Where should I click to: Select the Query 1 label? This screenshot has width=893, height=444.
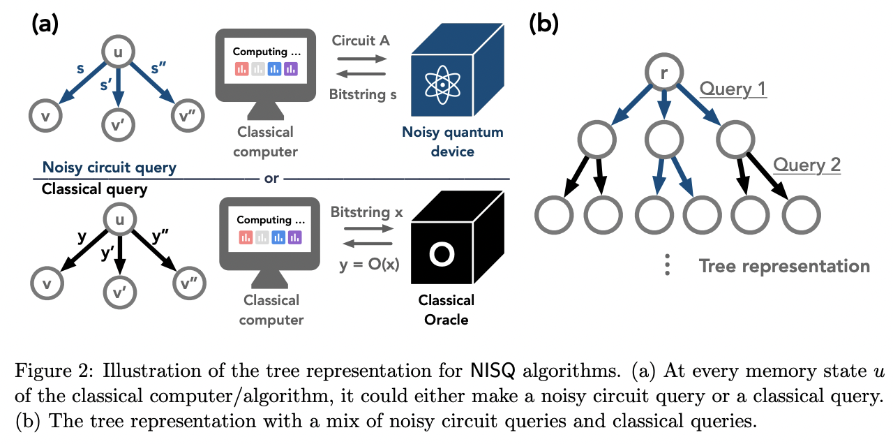point(733,89)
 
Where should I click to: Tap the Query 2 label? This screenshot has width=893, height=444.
point(806,165)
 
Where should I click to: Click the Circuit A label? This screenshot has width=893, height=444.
point(361,40)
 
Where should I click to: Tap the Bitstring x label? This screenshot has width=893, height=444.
point(366,212)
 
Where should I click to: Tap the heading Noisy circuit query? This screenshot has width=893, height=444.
point(109,168)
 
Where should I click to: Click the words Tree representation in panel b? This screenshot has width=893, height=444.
point(784,266)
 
